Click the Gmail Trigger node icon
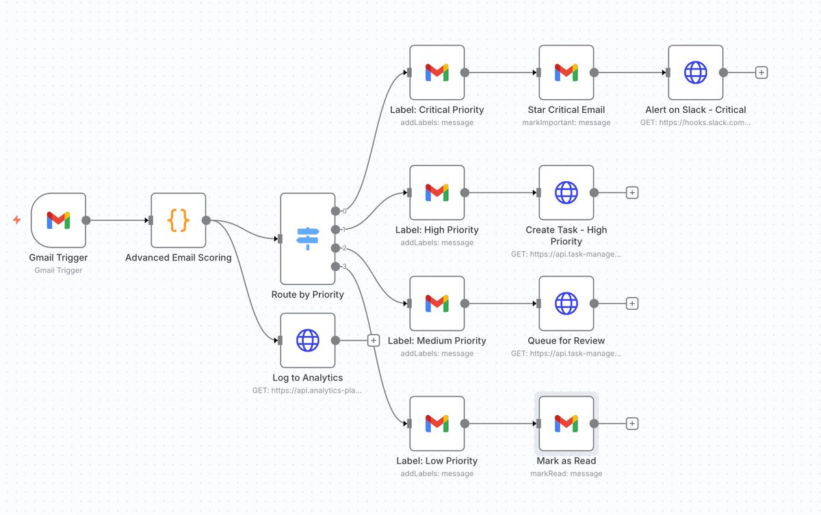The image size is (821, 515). point(58,220)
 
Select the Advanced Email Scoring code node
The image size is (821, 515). point(178,220)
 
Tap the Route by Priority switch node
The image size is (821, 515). point(307,238)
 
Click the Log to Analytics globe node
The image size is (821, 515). point(307,341)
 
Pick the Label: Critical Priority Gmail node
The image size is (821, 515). point(436,72)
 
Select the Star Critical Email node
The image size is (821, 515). point(566,72)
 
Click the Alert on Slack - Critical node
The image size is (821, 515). point(695,72)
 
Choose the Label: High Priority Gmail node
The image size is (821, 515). point(436,193)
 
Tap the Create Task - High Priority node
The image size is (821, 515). point(566,193)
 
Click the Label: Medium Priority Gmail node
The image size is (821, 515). point(436,304)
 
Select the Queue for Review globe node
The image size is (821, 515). point(566,304)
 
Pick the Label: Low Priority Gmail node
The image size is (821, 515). point(436,424)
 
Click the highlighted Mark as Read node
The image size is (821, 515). point(566,424)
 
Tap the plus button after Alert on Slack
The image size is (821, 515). point(761,72)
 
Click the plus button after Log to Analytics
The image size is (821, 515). point(374,341)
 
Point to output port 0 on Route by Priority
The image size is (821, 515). point(335,211)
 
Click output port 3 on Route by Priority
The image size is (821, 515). point(335,266)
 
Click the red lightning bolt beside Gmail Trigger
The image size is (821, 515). point(17,220)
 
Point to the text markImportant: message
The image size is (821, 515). point(566,122)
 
